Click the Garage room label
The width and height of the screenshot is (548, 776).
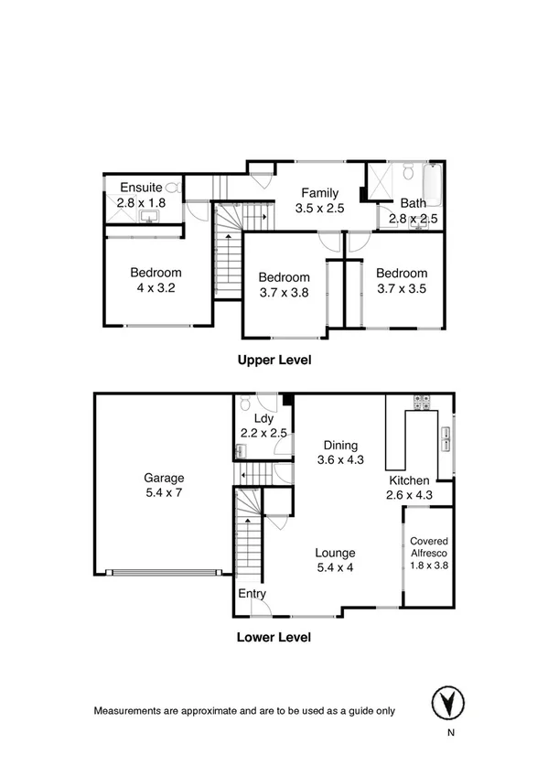pyautogui.click(x=164, y=477)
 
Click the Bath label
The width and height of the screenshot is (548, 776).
pyautogui.click(x=413, y=203)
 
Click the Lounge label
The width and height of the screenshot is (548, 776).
pyautogui.click(x=335, y=553)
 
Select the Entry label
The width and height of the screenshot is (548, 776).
pyautogui.click(x=253, y=594)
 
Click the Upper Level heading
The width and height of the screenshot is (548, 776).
pyautogui.click(x=274, y=360)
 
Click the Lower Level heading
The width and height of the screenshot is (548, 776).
pyautogui.click(x=274, y=637)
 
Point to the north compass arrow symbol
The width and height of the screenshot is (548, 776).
pyautogui.click(x=446, y=703)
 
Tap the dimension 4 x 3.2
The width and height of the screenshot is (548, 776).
pyautogui.click(x=155, y=287)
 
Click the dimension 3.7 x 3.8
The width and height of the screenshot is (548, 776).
pyautogui.click(x=284, y=293)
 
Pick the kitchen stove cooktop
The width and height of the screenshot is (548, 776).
pyautogui.click(x=424, y=399)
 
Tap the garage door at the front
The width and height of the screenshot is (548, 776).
pyautogui.click(x=164, y=573)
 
